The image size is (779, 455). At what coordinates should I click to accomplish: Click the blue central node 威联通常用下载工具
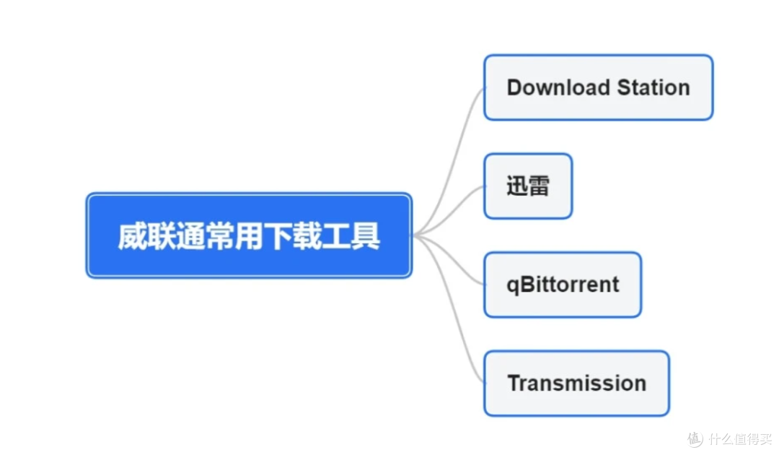249,235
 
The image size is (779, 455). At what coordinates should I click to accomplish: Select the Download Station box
598,87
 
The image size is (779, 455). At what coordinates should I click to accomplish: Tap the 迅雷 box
528,186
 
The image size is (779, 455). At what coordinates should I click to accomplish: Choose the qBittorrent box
563,285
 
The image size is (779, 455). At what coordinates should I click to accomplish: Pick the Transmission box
576,383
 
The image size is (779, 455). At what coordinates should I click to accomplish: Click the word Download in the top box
558,87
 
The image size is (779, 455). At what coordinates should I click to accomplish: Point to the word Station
653,87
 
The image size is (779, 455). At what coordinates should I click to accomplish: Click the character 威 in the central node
133,236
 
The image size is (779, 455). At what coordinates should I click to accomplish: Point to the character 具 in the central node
365,236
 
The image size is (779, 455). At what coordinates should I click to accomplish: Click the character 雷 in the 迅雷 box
539,186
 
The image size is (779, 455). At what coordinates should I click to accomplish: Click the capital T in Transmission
515,383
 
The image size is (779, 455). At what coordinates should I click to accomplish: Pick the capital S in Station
625,87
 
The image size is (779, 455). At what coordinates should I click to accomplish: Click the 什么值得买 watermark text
740,439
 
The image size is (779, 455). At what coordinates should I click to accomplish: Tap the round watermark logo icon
695,439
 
